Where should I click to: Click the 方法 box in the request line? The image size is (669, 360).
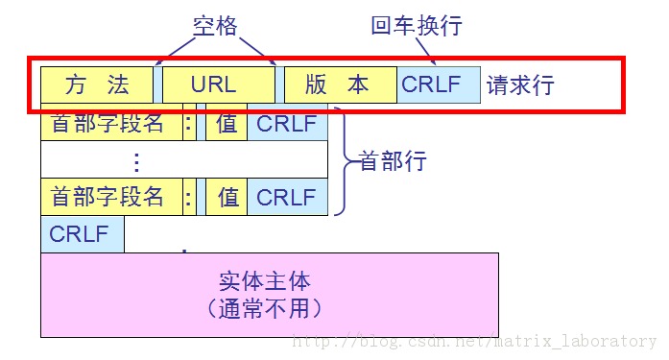[x=97, y=84]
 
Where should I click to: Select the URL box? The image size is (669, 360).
[x=213, y=84]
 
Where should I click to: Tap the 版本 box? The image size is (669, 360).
[x=338, y=84]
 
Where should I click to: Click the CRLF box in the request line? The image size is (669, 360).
[x=432, y=84]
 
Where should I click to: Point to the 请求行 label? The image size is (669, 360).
[x=520, y=84]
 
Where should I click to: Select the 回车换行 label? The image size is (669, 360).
[x=417, y=25]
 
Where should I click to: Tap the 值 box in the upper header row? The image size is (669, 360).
[x=227, y=124]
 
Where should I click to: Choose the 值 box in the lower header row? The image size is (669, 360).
[x=227, y=198]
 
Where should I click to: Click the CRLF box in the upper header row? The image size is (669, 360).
[x=286, y=124]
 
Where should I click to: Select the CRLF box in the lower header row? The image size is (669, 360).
[x=286, y=198]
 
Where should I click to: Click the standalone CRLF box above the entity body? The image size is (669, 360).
[x=81, y=234]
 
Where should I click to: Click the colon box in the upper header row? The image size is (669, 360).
[x=188, y=124]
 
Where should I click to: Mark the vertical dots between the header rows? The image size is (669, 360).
[x=136, y=160]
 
